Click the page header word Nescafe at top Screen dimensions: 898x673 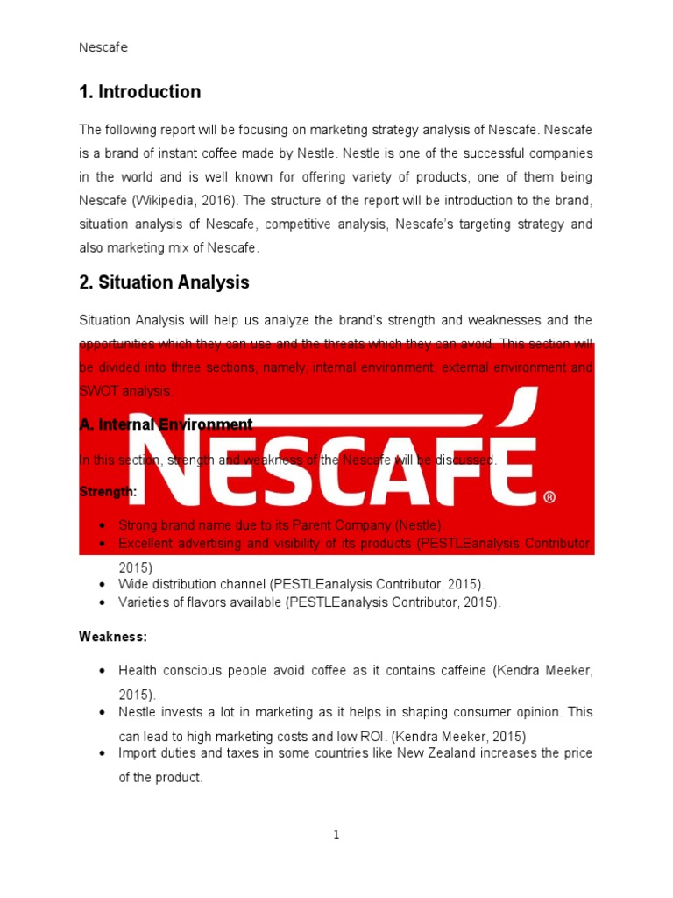103,47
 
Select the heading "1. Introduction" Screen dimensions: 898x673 140,92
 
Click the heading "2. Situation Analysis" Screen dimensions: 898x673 164,282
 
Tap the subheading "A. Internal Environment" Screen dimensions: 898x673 166,424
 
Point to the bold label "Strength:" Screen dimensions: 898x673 108,492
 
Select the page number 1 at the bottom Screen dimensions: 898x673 336,836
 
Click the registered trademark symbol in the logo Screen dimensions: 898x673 549,497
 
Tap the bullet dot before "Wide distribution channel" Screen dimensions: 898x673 103,584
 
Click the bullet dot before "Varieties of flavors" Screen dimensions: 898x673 103,602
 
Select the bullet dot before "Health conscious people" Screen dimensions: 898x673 103,671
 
